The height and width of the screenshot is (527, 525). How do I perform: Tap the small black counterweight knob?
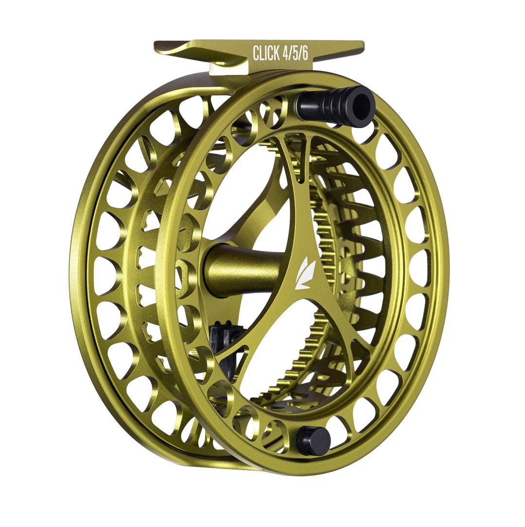point(313,440)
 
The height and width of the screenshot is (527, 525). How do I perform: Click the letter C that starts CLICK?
point(256,53)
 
